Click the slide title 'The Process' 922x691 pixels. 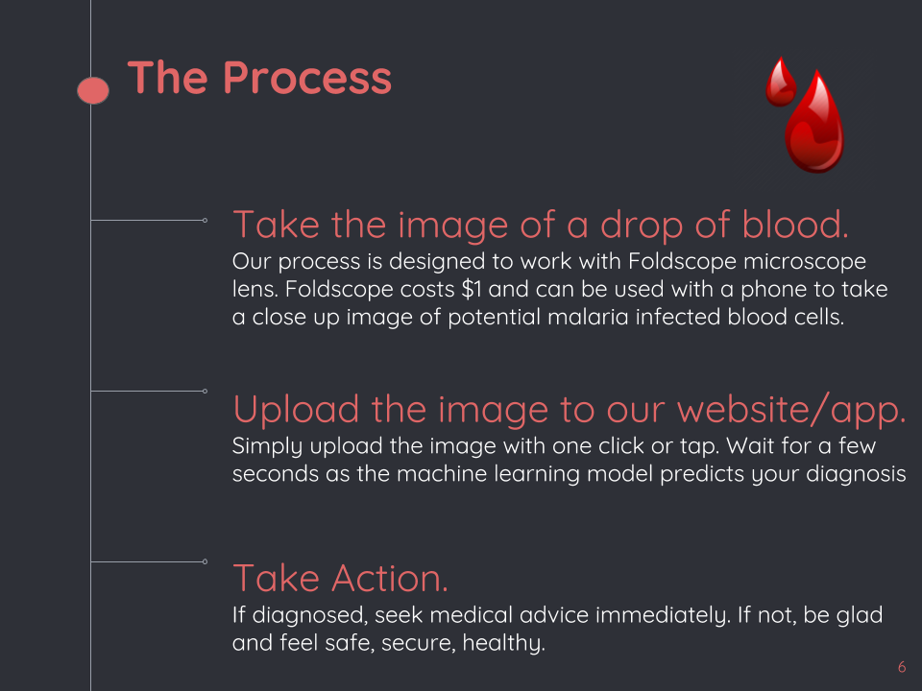[259, 78]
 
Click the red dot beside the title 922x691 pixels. [93, 90]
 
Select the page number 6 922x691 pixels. [902, 667]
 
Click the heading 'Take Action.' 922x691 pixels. [340, 579]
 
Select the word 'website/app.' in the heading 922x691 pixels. [791, 410]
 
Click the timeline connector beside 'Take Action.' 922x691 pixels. [149, 561]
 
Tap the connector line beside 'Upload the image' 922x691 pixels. [149, 391]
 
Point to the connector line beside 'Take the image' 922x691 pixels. [149, 220]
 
